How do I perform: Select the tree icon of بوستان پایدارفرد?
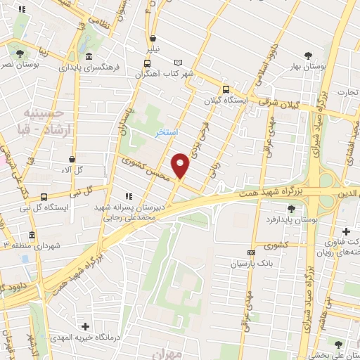292,208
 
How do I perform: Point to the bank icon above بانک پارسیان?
250,252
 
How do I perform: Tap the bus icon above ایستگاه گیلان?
226,89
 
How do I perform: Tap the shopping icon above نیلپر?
153,39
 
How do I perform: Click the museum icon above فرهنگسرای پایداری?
89,57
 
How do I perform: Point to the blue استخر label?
166,132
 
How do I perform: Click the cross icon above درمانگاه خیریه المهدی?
85,326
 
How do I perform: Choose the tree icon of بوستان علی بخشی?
340,345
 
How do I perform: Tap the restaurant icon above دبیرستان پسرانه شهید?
127,197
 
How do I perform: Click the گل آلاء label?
73,170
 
